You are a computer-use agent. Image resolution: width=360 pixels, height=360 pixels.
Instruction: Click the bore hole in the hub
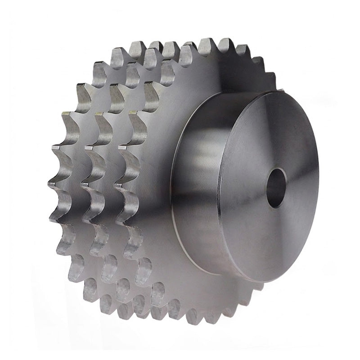pyautogui.click(x=276, y=188)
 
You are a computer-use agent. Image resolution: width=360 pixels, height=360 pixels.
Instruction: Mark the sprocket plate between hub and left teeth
pyautogui.click(x=157, y=180)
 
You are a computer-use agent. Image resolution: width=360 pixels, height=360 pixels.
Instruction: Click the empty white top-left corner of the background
pyautogui.click(x=18, y=18)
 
